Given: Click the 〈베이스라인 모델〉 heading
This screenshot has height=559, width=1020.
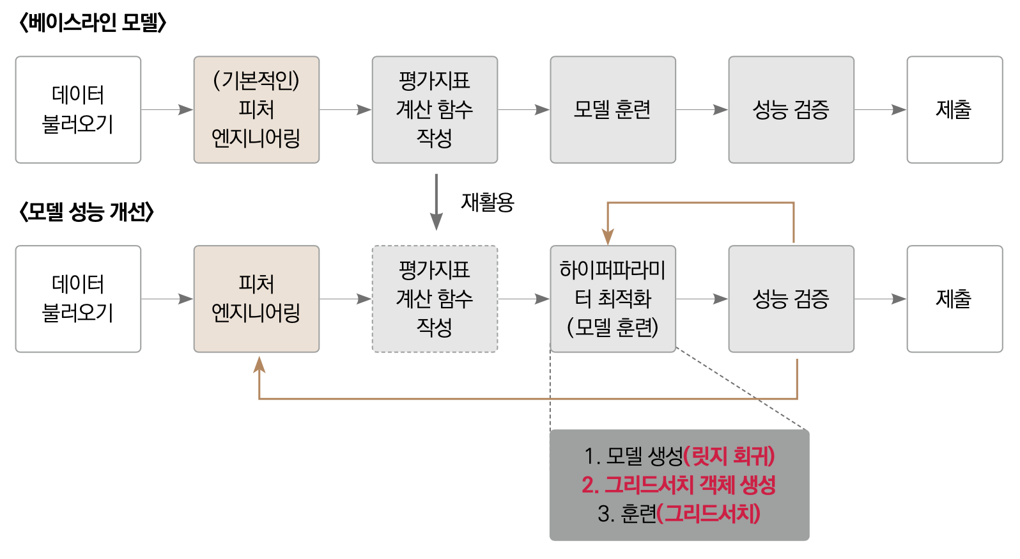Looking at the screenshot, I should [x=93, y=23].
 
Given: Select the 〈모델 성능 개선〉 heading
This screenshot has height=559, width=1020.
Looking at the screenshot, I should [x=86, y=212].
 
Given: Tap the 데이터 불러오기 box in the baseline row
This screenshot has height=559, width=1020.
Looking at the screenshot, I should [x=78, y=109].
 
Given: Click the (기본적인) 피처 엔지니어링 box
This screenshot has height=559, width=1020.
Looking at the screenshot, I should [x=256, y=109].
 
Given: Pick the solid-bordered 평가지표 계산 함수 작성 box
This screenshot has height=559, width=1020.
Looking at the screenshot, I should [x=435, y=109].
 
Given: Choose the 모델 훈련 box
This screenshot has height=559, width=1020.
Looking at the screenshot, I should [x=612, y=109].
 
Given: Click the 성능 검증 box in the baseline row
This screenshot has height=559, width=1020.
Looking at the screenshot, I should [x=791, y=109].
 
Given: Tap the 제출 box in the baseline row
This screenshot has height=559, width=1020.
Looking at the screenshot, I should [x=954, y=109].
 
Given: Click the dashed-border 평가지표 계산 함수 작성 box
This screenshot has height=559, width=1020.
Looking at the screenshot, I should [x=435, y=299].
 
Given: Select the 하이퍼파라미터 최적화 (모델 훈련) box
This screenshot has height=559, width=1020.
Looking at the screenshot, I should [x=612, y=299].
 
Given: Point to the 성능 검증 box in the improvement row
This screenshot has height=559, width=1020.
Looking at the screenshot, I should [x=791, y=299].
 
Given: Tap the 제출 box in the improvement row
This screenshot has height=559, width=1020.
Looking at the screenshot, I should [x=954, y=299].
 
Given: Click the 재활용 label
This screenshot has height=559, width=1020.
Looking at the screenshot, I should [x=488, y=202].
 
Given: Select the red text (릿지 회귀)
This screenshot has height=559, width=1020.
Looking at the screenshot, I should [x=729, y=456].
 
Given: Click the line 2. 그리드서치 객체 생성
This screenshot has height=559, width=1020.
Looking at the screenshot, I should [x=679, y=485].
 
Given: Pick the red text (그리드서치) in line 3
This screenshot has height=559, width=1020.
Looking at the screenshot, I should [x=709, y=513].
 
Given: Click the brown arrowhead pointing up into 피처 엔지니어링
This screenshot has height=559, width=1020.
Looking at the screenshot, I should [x=259, y=365].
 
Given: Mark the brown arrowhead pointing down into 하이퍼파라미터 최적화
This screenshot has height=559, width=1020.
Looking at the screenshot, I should [x=608, y=236].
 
